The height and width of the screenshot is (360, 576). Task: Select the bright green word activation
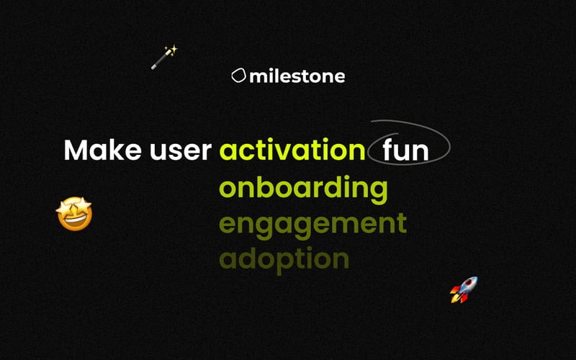(x=292, y=150)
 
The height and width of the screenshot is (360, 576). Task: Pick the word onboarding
(x=303, y=189)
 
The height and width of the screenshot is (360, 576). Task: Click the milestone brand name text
(x=297, y=76)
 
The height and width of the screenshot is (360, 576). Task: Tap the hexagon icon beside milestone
(x=238, y=76)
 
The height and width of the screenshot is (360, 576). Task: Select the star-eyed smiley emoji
(x=74, y=214)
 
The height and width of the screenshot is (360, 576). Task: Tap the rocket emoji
(x=464, y=289)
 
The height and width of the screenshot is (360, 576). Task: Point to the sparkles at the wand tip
(x=171, y=50)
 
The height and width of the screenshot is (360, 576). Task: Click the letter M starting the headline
(x=76, y=150)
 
